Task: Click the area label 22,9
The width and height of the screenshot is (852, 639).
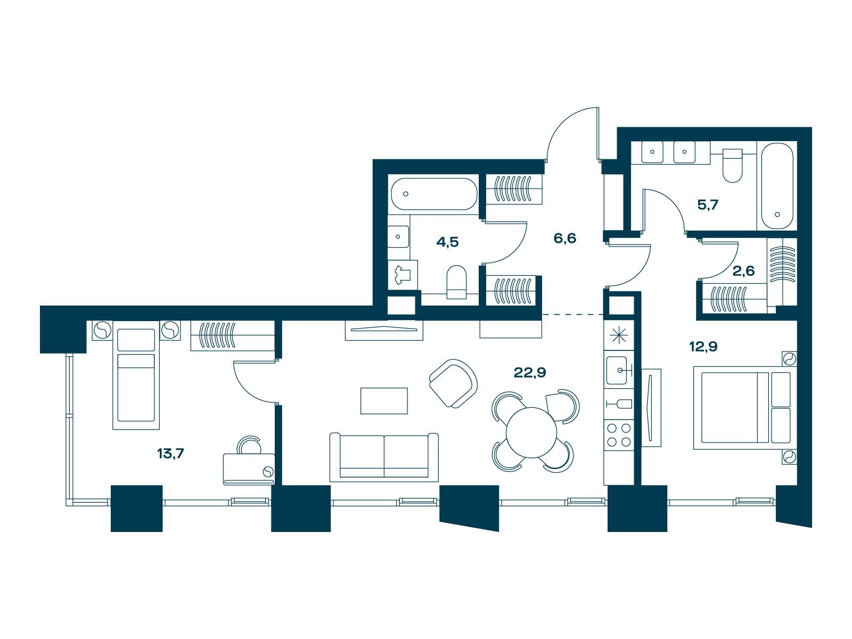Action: pos(529,372)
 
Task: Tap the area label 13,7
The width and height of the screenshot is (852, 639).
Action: pos(170,453)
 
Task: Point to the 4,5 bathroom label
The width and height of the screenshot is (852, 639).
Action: pos(447,242)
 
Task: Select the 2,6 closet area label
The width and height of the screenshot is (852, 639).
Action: pos(743,271)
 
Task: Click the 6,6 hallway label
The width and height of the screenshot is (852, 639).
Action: pos(565,238)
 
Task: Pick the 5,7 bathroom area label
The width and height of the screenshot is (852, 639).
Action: pos(708,205)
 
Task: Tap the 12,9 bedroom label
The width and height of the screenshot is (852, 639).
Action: pos(703,347)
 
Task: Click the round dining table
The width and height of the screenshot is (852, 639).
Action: pos(531,432)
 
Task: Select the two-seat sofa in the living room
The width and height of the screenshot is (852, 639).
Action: pos(384,457)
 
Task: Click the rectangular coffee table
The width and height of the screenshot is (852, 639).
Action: pos(384,401)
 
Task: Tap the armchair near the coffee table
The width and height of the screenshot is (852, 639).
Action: pos(453,383)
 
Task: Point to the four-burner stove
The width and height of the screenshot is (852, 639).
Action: pos(619,435)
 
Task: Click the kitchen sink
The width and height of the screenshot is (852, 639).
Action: pos(619,370)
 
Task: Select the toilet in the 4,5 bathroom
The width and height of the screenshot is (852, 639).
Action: pos(456,282)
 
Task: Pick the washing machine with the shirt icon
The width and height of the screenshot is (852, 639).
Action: pos(403,275)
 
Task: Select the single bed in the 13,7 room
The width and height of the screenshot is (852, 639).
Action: pos(136,375)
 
